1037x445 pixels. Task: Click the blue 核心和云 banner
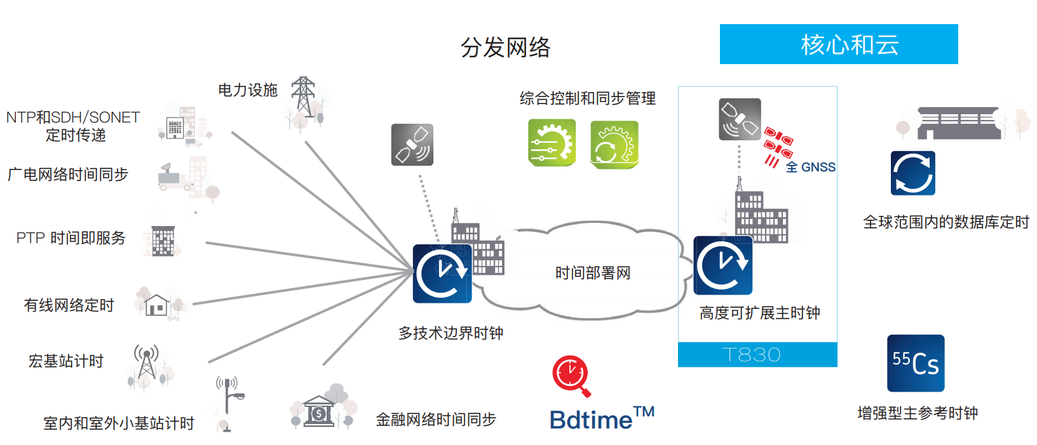click(838, 44)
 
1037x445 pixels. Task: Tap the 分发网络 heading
click(505, 48)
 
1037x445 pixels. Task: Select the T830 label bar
click(757, 355)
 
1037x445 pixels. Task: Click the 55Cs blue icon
click(916, 363)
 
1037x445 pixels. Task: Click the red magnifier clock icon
click(571, 375)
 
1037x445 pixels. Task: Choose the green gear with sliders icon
click(552, 143)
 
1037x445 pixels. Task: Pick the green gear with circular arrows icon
click(614, 145)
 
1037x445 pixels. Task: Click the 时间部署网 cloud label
click(592, 273)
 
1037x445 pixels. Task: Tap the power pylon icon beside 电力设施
click(304, 97)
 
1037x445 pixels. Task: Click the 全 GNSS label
click(810, 168)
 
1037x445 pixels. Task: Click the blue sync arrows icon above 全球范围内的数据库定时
click(912, 173)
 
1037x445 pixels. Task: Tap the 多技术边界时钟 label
click(451, 333)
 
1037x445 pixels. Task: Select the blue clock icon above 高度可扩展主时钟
click(722, 265)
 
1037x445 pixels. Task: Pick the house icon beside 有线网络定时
click(156, 305)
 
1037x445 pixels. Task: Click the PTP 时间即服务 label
click(71, 238)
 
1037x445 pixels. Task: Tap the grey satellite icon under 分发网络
click(412, 145)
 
